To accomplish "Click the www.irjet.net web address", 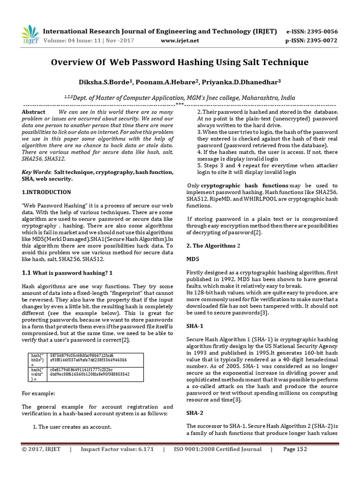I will click(x=180, y=40).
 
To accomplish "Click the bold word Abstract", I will click(x=34, y=112).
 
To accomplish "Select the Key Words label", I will click(x=36, y=172).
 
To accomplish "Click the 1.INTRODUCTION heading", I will click(x=46, y=192).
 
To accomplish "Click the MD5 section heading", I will click(x=193, y=259).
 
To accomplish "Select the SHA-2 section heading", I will click(x=195, y=413).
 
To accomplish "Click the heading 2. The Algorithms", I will click(x=211, y=246).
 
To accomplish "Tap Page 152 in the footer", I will click(x=295, y=450).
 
